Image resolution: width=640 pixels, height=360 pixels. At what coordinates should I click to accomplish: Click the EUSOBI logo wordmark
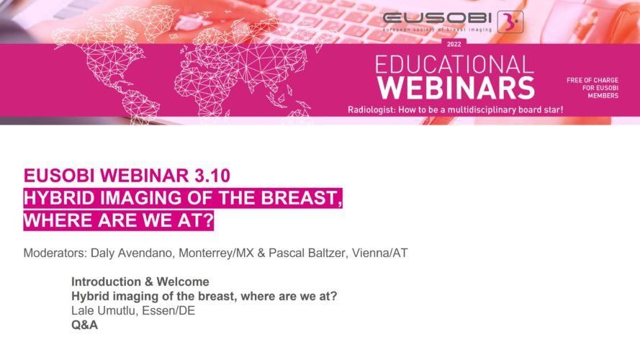[x=437, y=19]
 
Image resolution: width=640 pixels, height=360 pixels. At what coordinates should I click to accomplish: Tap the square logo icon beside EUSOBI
[x=510, y=22]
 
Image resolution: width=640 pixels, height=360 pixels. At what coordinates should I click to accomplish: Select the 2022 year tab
[x=454, y=44]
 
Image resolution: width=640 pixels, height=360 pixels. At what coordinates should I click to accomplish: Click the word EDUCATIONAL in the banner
[x=454, y=65]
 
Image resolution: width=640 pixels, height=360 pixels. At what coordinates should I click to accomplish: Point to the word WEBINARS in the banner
[x=456, y=88]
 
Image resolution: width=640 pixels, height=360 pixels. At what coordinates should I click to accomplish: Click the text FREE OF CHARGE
[x=592, y=81]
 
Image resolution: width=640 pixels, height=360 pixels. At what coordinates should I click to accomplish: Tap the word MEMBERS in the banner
[x=603, y=96]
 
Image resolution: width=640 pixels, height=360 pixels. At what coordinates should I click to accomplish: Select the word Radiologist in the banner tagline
[x=371, y=109]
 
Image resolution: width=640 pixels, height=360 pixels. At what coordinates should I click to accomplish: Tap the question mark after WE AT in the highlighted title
[x=208, y=220]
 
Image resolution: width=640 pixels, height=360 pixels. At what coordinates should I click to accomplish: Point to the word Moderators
[x=55, y=253]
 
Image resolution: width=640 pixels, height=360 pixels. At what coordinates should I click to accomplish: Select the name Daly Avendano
[x=132, y=253]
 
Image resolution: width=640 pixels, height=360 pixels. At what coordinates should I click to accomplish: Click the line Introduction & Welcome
[x=140, y=282]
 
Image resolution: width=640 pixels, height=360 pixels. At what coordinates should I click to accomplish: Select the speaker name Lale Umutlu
[x=104, y=310]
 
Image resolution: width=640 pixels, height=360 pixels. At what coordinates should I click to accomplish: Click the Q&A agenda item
[x=84, y=325]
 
